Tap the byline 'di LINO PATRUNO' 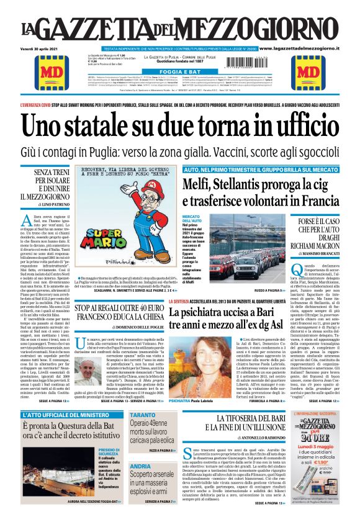tap(45, 204)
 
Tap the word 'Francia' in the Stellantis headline tap(314, 202)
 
